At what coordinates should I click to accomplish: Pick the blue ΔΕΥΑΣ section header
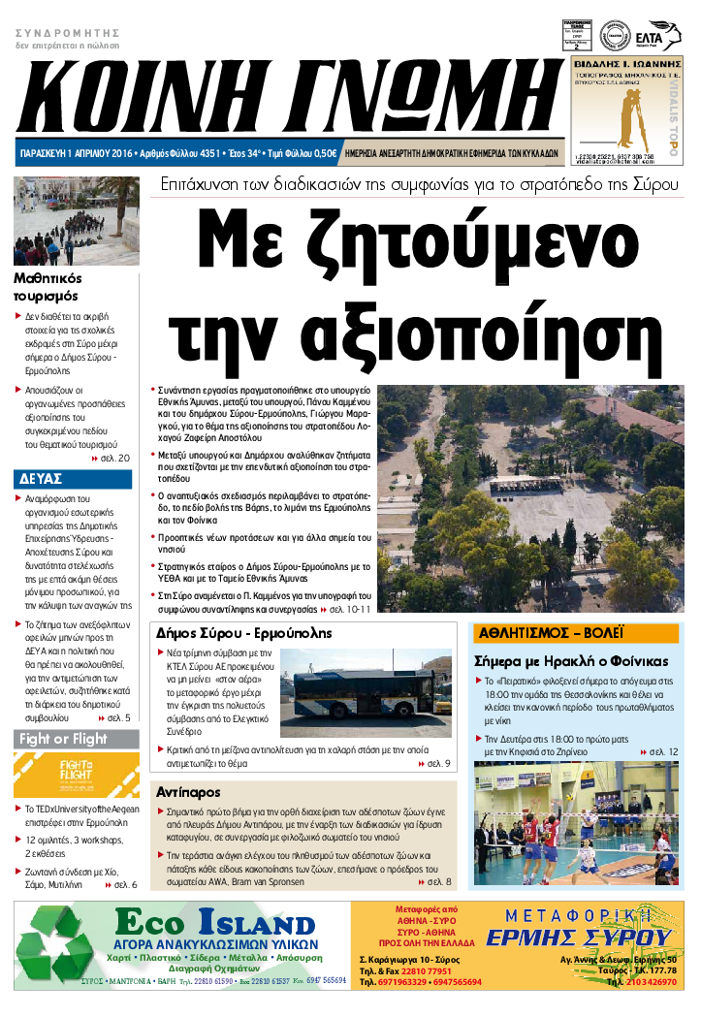(41, 479)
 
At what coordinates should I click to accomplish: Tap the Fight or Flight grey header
(63, 740)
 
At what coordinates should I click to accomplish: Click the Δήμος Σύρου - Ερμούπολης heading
(244, 633)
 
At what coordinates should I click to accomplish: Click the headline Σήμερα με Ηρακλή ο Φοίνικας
(571, 661)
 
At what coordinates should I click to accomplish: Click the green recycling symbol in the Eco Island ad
(64, 949)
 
